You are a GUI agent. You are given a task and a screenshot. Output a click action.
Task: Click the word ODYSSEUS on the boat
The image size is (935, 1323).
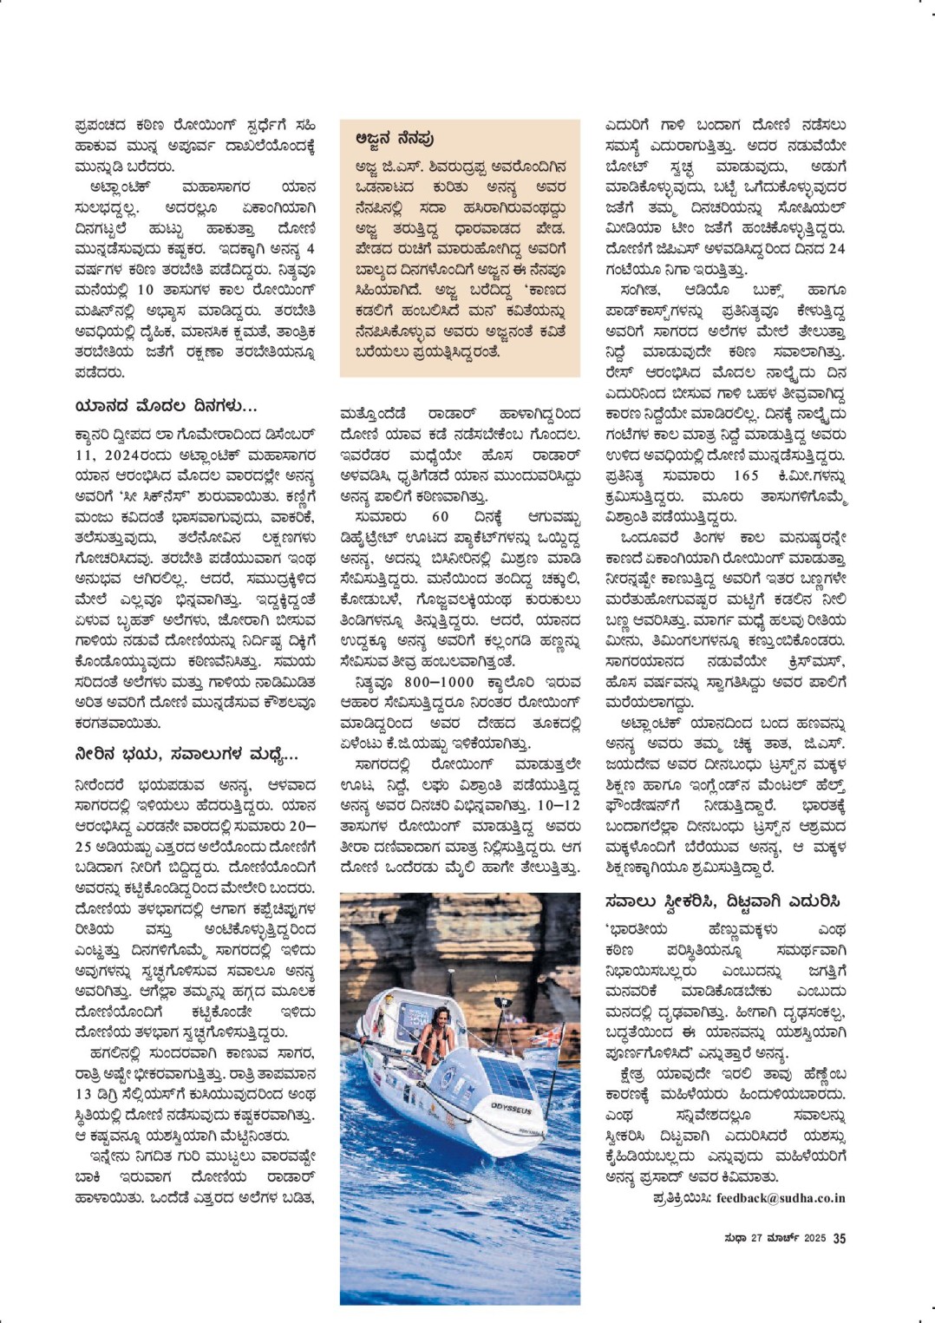point(512,1108)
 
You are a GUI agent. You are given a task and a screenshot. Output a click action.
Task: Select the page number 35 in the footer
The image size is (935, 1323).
point(839,1239)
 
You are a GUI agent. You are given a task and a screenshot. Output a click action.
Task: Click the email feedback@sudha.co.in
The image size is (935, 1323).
point(781,1198)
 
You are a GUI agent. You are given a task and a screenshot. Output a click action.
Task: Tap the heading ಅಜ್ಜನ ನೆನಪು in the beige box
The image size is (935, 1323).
point(395,139)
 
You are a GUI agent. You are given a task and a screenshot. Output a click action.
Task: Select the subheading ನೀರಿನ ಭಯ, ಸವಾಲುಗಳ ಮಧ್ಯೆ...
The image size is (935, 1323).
point(186,755)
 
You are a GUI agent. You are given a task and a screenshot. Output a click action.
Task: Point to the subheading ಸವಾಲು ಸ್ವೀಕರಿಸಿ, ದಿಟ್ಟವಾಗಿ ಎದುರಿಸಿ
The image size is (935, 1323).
point(722,901)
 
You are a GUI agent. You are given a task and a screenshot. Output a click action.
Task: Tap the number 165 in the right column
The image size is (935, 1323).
point(746,475)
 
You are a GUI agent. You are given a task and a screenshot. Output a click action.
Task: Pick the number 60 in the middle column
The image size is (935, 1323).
point(441,517)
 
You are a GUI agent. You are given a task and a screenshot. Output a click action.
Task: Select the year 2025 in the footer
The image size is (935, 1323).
point(814,1239)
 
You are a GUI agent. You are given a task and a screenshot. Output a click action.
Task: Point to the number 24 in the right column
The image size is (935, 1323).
point(836,248)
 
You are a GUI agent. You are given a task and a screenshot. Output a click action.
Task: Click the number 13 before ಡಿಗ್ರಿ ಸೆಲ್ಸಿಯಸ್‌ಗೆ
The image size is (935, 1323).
point(83,1094)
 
